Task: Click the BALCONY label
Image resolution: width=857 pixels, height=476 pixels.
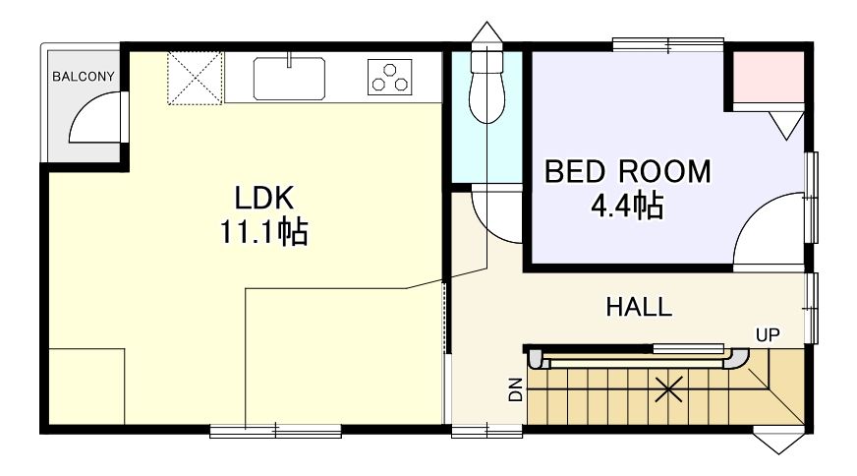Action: point(84,77)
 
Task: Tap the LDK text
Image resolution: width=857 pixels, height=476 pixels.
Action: point(264,198)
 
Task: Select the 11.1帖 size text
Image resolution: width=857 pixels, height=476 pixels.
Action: point(264,231)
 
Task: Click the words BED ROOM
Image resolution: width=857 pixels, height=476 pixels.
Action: point(627,172)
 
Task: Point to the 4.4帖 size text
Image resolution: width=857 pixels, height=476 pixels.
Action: point(627,207)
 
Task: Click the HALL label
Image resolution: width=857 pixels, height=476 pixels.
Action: point(639,307)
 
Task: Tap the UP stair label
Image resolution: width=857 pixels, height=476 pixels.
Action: point(768,334)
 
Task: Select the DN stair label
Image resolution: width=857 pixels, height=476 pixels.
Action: point(515,390)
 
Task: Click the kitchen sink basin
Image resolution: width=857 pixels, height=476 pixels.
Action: point(289,79)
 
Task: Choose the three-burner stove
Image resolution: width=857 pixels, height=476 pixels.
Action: point(390,77)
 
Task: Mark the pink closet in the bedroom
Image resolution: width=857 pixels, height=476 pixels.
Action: point(768,77)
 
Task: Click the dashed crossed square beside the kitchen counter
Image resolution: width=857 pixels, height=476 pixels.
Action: point(196,78)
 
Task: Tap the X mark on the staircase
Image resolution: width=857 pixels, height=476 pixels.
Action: point(668,389)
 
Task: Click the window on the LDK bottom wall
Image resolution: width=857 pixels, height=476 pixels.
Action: point(276,431)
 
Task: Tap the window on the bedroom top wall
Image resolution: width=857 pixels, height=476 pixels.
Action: point(668,44)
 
